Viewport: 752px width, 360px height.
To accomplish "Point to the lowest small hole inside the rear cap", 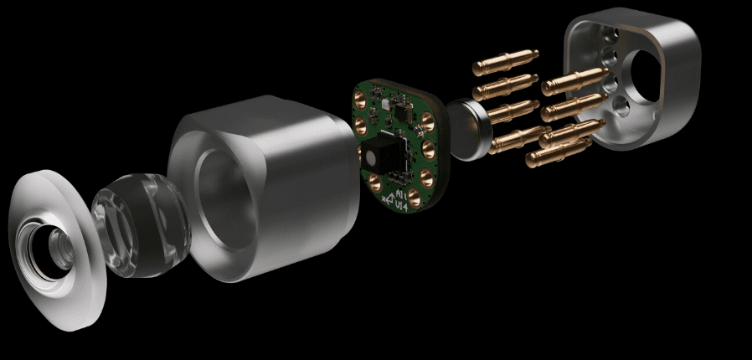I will (618, 105).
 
